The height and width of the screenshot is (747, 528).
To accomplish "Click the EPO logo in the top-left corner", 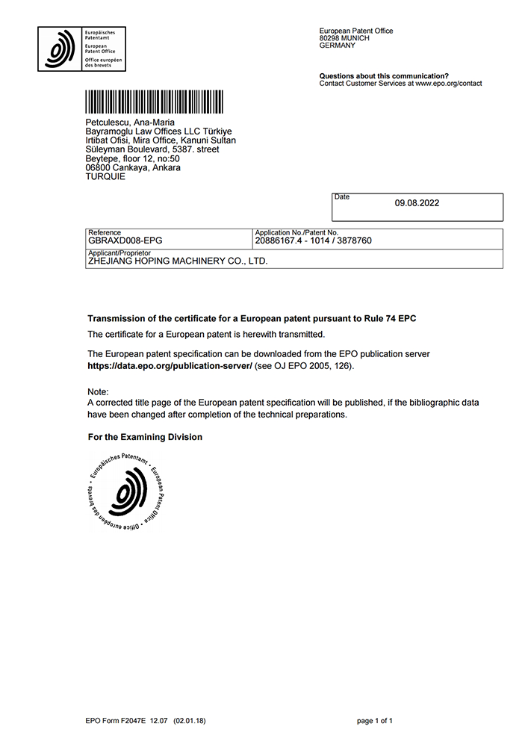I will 82,49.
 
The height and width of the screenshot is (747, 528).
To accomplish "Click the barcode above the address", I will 154,101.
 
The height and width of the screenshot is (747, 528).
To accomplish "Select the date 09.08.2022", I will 417,202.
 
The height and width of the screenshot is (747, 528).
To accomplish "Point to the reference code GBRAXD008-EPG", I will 125,241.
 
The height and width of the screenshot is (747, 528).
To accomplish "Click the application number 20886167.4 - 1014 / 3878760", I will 313,241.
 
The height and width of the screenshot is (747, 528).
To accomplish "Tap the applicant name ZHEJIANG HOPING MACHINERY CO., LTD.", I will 178,261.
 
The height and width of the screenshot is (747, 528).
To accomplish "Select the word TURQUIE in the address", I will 106,176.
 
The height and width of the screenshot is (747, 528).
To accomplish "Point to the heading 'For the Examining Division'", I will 145,437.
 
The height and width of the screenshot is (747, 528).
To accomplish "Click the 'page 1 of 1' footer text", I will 375,721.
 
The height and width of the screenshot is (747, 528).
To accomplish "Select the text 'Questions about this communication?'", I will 384,76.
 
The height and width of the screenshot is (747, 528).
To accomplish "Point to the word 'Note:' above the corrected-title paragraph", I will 98,392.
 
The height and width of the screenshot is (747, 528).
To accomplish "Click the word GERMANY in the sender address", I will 338,46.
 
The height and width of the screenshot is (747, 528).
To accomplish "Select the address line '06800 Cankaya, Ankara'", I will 134,167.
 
